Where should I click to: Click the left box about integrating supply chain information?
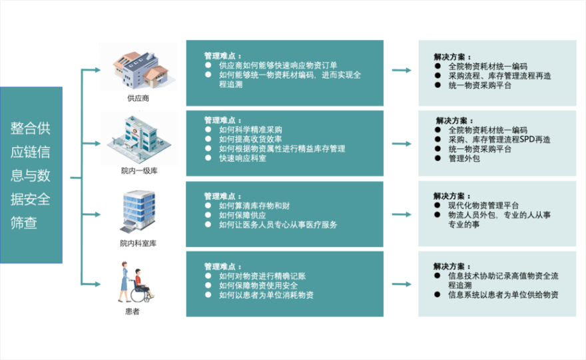pyautogui.click(x=31, y=175)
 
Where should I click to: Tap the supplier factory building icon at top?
pyautogui.click(x=139, y=67)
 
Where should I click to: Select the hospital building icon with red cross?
pyautogui.click(x=139, y=138)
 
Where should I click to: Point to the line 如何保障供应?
pyautogui.click(x=242, y=215)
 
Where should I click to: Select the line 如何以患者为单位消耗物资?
pyautogui.click(x=266, y=295)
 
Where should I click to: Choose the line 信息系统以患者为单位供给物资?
pyautogui.click(x=503, y=295)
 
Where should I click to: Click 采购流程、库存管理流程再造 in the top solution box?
pyautogui.click(x=499, y=76)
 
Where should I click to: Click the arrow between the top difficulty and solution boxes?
pyautogui.click(x=401, y=70)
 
